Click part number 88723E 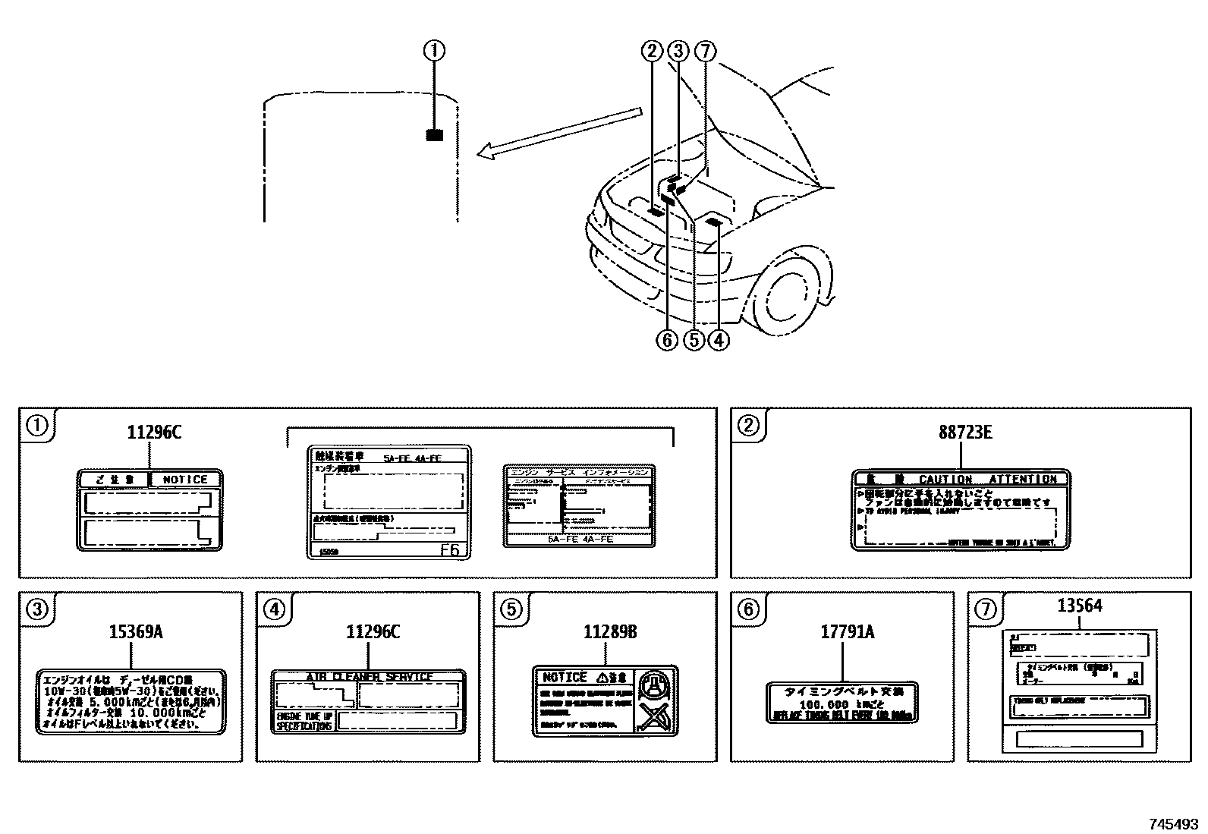(961, 433)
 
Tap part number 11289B (605, 631)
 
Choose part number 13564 (1080, 606)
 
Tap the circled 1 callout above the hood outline (434, 51)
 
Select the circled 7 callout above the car (705, 51)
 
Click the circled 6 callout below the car (667, 340)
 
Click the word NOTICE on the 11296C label (185, 480)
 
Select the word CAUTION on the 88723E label (945, 480)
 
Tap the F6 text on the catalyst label (450, 550)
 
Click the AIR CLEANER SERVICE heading (369, 677)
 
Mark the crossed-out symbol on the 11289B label (653, 716)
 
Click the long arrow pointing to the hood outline (562, 134)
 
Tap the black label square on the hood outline (434, 135)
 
